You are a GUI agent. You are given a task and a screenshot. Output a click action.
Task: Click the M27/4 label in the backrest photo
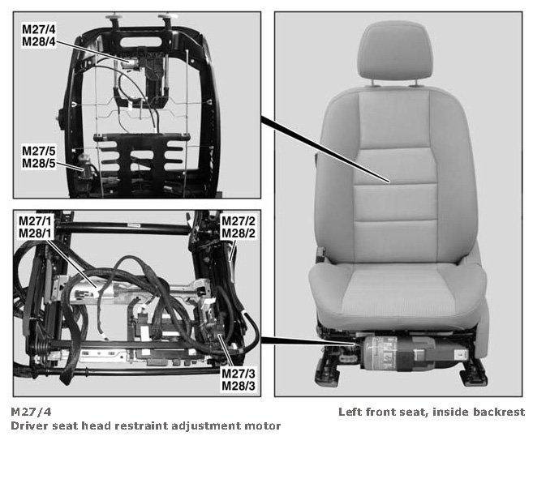tap(38, 29)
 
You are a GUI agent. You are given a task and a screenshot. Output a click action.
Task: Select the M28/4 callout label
tap(38, 42)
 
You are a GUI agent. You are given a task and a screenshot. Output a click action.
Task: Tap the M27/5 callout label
tap(38, 151)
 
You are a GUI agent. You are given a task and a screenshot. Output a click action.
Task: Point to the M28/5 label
tap(38, 163)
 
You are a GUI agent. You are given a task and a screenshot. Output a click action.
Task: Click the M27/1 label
tap(35, 220)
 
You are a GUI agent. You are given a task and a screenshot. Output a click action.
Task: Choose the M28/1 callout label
tap(35, 233)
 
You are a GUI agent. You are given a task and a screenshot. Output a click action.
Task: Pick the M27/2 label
tap(238, 220)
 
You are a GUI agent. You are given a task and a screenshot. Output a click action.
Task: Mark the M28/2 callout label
tap(238, 233)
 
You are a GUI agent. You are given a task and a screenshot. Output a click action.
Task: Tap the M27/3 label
tap(238, 374)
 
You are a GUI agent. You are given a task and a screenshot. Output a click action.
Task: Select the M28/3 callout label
tap(238, 386)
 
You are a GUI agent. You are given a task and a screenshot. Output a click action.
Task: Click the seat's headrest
tap(395, 52)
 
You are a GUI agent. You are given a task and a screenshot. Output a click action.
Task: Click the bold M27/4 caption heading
tap(31, 412)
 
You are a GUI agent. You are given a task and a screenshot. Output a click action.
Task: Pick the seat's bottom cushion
tap(398, 295)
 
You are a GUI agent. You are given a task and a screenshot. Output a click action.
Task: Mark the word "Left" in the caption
tap(348, 412)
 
